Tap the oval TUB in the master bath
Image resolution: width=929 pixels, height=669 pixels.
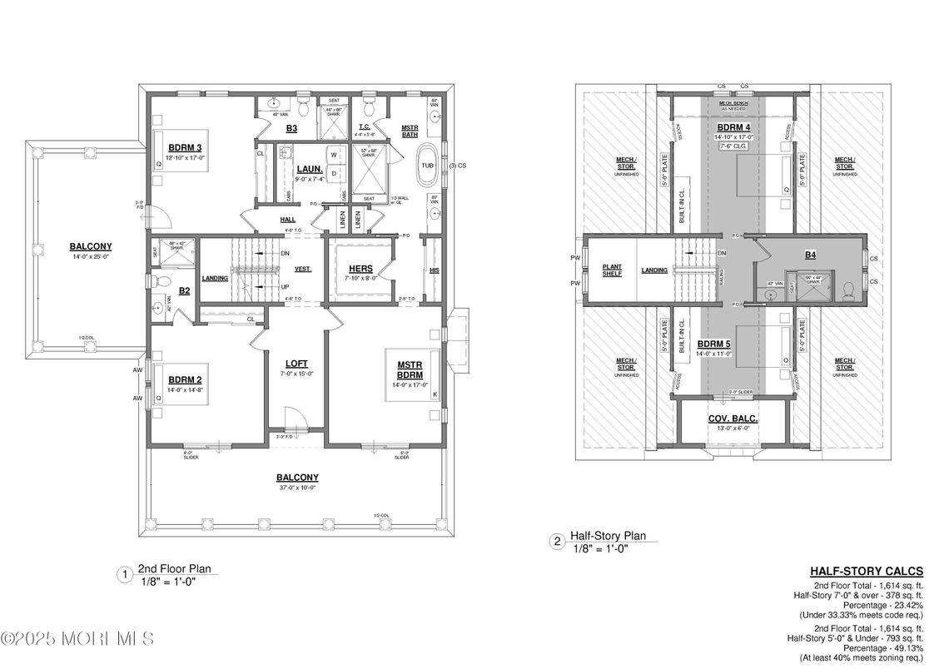(x=427, y=165)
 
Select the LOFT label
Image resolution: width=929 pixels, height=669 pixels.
(x=296, y=363)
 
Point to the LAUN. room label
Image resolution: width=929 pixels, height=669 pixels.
(x=310, y=168)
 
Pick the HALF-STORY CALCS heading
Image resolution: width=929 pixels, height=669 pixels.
(x=867, y=571)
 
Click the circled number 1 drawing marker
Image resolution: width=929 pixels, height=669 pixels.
(x=124, y=573)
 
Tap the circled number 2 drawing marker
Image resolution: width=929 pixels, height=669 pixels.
(x=556, y=542)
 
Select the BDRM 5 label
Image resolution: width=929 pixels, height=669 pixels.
(x=714, y=344)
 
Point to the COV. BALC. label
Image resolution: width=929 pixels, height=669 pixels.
(x=733, y=418)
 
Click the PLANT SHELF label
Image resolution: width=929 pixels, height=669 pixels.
(x=612, y=270)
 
